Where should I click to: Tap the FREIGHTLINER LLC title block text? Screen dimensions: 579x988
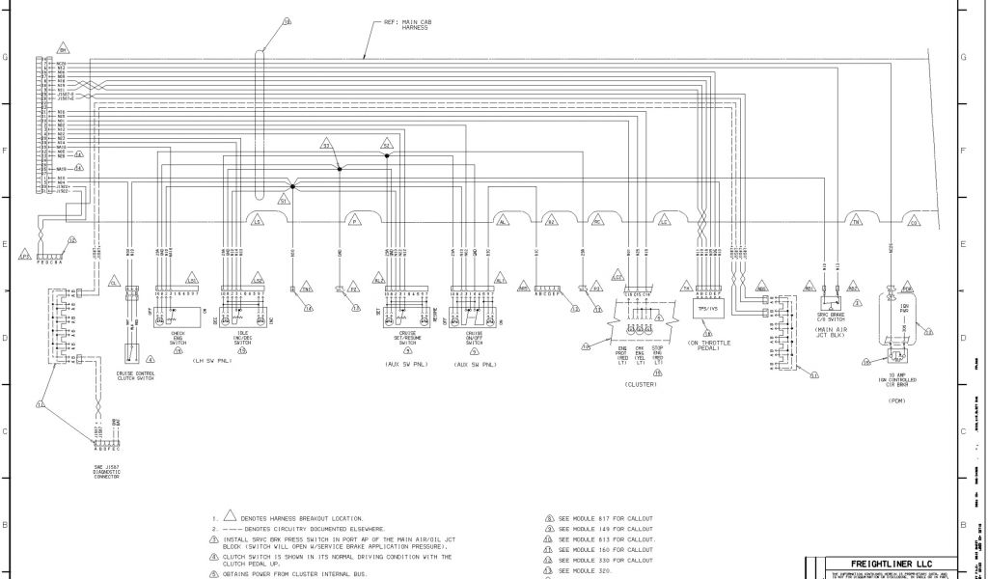(x=877, y=564)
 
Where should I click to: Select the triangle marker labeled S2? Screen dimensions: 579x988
(x=385, y=146)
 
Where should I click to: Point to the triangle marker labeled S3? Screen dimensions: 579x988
(x=326, y=146)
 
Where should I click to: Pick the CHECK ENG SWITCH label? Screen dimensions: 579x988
(x=178, y=337)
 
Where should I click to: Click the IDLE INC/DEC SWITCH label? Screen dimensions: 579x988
(x=243, y=337)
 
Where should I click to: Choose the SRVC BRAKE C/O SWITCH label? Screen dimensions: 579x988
(x=831, y=319)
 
